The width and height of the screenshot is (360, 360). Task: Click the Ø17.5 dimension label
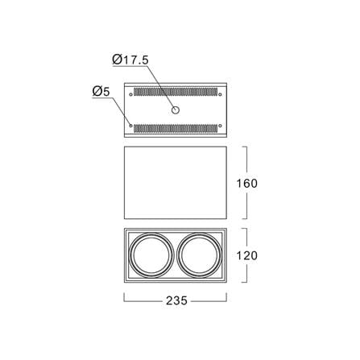tap(130, 60)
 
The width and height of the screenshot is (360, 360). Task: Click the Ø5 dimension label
tap(101, 91)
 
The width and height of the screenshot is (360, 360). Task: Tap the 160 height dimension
tap(246, 183)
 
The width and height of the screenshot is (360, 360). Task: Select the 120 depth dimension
tap(246, 255)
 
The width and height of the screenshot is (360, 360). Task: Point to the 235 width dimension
tap(176, 300)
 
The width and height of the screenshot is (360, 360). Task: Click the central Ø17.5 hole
tap(176, 110)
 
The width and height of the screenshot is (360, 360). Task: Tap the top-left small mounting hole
tap(130, 94)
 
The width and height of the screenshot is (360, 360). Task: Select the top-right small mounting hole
tap(220, 94)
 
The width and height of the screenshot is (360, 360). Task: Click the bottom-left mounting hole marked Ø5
tap(130, 126)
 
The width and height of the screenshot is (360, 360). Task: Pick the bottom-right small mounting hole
tap(220, 126)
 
